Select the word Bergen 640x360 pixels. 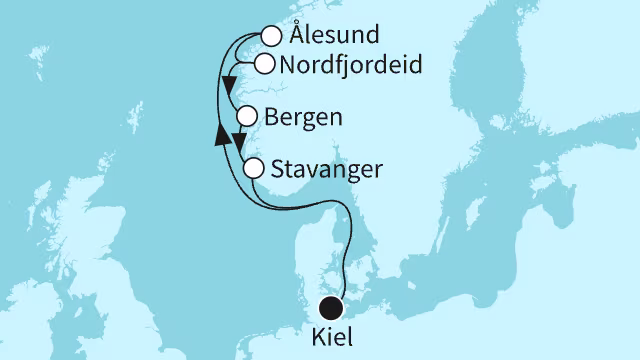pyautogui.click(x=304, y=117)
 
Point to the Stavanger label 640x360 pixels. pyautogui.click(x=326, y=168)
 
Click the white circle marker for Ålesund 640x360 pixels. pyautogui.click(x=270, y=37)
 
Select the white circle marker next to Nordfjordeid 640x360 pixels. pyautogui.click(x=264, y=65)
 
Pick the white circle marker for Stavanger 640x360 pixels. pyautogui.click(x=254, y=168)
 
